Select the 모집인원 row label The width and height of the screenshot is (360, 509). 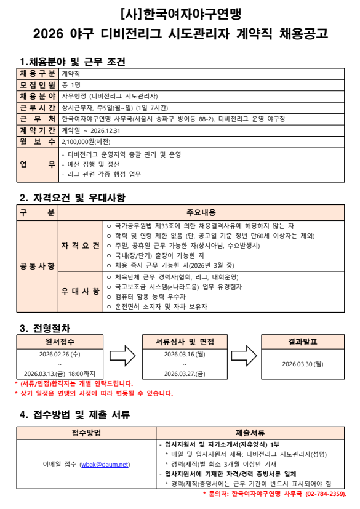pyautogui.click(x=38, y=84)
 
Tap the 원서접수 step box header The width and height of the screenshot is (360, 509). pyautogui.click(x=60, y=342)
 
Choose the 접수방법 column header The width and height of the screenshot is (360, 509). pyautogui.click(x=86, y=432)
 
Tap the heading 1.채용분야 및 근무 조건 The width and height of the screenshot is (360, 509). pyautogui.click(x=73, y=62)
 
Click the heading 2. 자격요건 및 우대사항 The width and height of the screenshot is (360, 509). pyautogui.click(x=73, y=198)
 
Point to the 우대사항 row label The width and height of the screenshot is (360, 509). pyautogui.click(x=80, y=291)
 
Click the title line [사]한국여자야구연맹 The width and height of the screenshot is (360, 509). pyautogui.click(x=180, y=13)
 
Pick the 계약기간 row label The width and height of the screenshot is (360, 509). pyautogui.click(x=38, y=130)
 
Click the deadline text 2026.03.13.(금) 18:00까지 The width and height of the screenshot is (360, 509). pyautogui.click(x=60, y=373)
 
